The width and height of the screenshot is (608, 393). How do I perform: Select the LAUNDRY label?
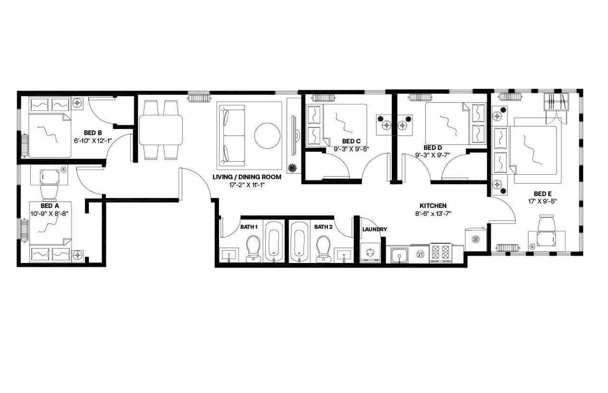(374, 230)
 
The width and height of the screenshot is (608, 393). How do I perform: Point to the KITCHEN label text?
(432, 206)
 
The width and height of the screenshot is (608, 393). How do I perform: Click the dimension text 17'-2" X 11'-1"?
(247, 184)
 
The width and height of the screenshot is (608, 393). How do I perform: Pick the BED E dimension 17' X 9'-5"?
(542, 201)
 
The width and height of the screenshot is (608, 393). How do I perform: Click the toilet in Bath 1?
(253, 248)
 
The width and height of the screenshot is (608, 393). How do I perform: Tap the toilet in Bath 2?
(323, 248)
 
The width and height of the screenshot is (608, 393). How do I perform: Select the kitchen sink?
(399, 255)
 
